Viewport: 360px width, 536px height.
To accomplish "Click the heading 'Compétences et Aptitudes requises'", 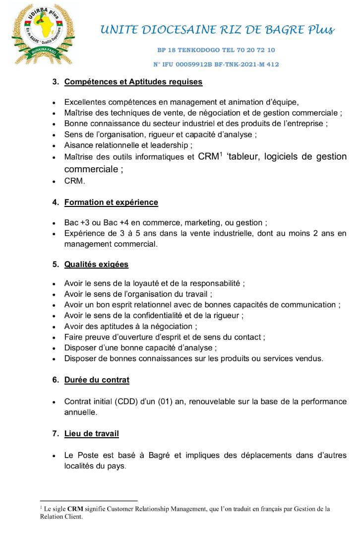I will (133, 81).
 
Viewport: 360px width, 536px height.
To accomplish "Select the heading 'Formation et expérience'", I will (111, 202).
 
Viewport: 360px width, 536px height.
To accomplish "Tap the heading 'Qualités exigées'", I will (96, 265).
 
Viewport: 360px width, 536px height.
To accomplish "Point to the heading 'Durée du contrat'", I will (97, 380).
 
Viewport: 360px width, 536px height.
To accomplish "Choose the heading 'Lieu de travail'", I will (92, 434).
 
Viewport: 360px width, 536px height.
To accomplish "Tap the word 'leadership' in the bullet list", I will (172, 145).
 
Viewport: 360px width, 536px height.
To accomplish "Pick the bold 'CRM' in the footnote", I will (75, 509).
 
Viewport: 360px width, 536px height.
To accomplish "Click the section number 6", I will (56, 380).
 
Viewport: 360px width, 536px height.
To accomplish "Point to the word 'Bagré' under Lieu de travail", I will (147, 456).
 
